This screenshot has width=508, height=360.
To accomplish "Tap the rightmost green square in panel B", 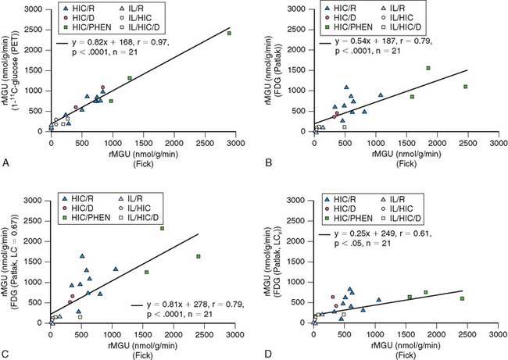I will [465, 87].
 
